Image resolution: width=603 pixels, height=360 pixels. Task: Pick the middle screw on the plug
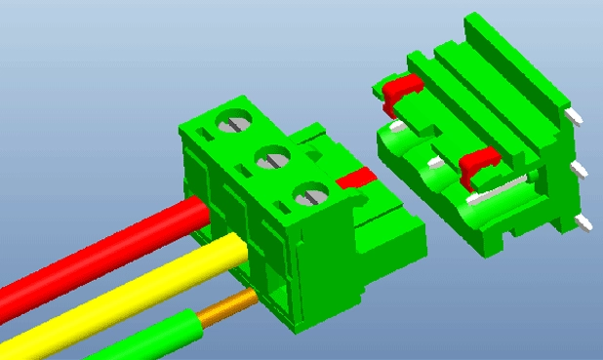tap(272, 157)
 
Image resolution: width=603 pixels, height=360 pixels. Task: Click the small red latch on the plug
tap(355, 179)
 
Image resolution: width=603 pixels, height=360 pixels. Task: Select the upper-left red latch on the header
tap(401, 90)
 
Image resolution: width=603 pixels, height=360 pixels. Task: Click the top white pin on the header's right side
tap(578, 116)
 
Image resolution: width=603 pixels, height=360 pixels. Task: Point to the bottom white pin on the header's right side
tap(584, 224)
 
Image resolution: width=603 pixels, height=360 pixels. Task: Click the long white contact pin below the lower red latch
tap(502, 188)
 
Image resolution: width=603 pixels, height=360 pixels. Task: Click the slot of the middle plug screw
tap(272, 157)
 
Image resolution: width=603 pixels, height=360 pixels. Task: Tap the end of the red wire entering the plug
tap(199, 213)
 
